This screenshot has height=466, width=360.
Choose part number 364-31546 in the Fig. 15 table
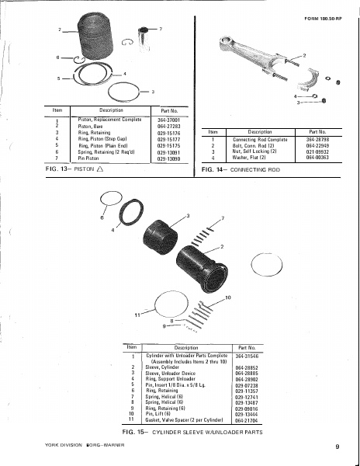point(247,354)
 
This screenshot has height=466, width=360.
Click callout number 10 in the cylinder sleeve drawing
point(227,297)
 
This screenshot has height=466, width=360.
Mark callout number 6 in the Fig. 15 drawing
point(102,219)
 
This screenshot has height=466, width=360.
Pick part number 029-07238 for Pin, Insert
point(247,384)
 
